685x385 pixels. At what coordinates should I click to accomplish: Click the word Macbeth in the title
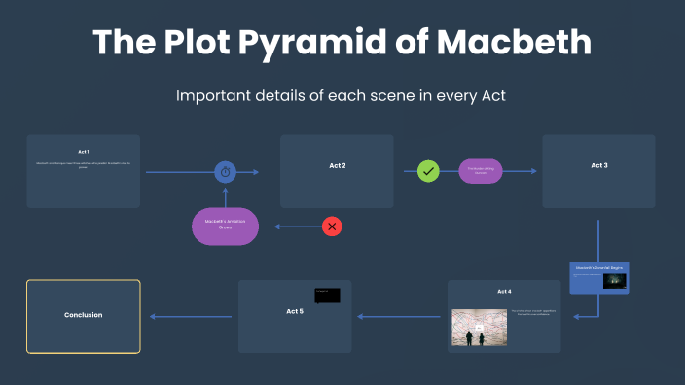coord(513,43)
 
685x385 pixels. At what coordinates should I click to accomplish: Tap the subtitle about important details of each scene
coord(342,95)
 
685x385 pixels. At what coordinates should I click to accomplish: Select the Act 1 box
coord(84,171)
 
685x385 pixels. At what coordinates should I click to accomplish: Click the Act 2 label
coord(337,166)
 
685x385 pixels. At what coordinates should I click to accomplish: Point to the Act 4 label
coord(504,291)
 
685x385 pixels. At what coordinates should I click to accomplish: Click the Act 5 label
coord(295,311)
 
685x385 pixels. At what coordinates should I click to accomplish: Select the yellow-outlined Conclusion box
coord(84,316)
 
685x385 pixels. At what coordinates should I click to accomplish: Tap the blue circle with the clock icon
coord(226,172)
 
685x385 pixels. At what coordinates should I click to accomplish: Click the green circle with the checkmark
coord(428,171)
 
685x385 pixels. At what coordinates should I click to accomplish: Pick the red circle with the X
coord(333,227)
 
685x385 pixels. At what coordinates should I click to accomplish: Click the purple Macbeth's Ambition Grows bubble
coord(225,226)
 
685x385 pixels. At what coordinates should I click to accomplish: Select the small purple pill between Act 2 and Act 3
coord(481,171)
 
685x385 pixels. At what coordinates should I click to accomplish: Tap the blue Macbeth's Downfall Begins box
coord(599,277)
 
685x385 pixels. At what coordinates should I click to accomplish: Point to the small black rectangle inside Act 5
coord(327,295)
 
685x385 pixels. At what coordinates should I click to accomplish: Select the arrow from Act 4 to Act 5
coord(399,316)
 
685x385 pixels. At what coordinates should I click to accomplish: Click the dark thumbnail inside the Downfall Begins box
coord(614,281)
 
